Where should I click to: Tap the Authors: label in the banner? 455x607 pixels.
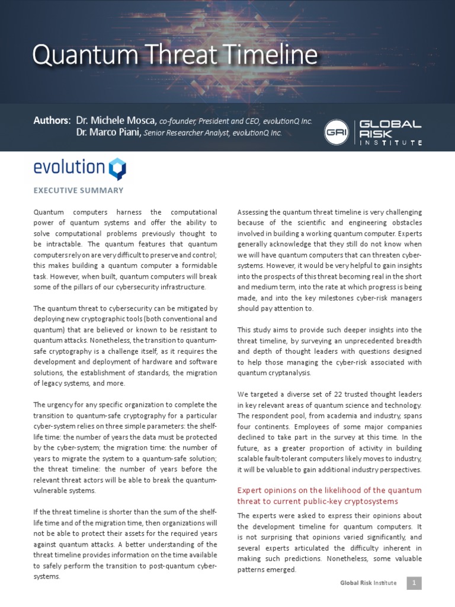coord(52,120)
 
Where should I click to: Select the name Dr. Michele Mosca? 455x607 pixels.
coord(116,120)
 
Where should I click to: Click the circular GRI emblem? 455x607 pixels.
coord(336,131)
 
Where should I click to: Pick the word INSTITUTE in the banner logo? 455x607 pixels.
coord(391,143)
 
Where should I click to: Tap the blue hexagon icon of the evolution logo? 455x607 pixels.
coord(117,168)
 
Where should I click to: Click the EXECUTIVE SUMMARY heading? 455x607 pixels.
coord(78,190)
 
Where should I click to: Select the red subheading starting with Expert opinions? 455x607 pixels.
coord(329,496)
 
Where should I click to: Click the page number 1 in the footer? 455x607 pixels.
coord(414,583)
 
